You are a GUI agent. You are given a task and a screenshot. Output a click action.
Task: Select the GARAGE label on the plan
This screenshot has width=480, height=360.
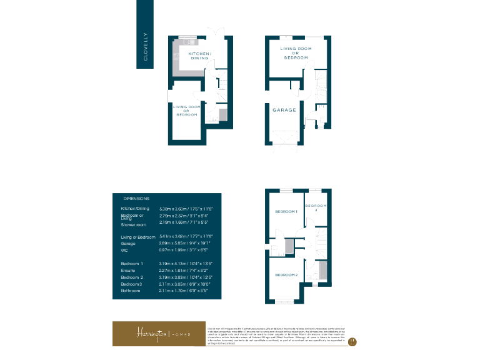[x=284, y=110]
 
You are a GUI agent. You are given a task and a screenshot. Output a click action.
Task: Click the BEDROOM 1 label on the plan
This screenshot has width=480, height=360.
[x=286, y=212]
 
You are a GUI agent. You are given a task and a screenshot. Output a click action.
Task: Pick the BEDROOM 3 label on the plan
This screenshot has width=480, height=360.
[x=316, y=207]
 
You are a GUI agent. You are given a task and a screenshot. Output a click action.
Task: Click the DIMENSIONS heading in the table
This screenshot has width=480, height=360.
[x=137, y=197]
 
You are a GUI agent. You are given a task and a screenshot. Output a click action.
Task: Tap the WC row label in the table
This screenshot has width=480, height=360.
[x=124, y=250]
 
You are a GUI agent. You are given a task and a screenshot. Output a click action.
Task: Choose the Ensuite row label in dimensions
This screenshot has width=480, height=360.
[x=129, y=270]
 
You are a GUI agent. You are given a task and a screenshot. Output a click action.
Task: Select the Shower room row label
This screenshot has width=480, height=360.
[x=133, y=223]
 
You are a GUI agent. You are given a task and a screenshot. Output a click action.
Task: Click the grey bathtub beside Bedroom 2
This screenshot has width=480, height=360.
[x=322, y=270]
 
